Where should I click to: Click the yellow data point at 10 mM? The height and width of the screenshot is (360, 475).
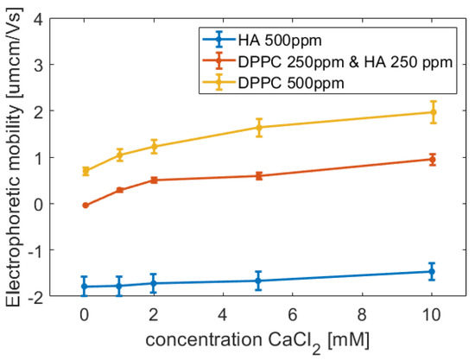pos(433,112)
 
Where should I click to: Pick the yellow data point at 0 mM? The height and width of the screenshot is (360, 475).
pos(85,171)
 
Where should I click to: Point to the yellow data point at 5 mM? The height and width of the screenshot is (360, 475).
pos(258,127)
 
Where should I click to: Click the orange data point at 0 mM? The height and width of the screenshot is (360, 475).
pos(85,205)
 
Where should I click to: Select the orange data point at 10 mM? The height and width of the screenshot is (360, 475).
pos(433,160)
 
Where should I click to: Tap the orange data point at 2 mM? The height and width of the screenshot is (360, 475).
pos(154,180)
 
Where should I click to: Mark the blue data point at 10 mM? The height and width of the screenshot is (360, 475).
pos(433,271)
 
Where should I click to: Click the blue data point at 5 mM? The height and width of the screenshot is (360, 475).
pos(258,281)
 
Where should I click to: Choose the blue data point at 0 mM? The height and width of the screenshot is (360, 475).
pos(85,286)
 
